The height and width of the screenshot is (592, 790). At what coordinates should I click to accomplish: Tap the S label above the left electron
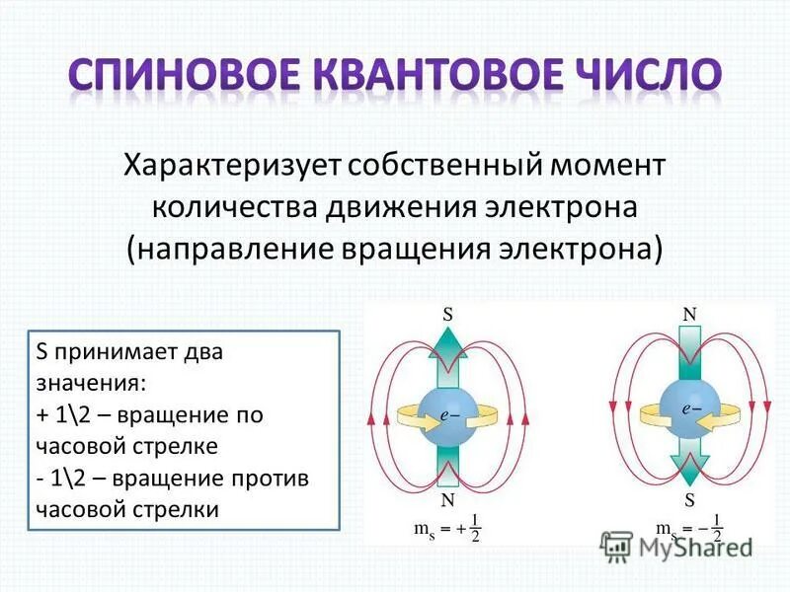447,315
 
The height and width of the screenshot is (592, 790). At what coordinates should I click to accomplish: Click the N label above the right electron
689,313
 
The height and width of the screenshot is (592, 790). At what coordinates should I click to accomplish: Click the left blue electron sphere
447,414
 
